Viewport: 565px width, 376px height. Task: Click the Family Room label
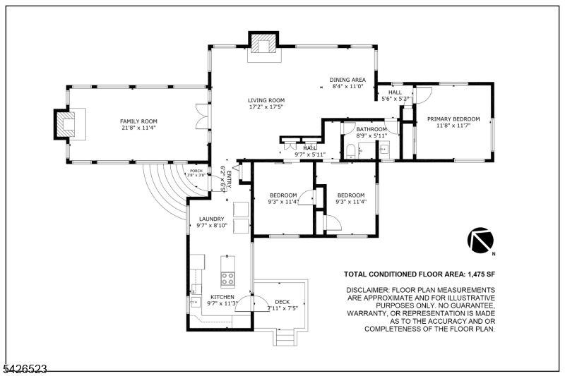[x=138, y=121]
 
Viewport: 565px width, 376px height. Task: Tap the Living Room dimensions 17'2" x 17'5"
[x=266, y=107]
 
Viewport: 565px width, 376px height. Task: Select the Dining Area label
[x=347, y=80]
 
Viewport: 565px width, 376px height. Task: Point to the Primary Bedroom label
[x=453, y=119]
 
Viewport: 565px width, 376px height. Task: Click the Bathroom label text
[x=371, y=130]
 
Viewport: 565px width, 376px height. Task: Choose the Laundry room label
[x=211, y=219]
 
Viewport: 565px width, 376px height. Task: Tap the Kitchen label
[x=222, y=297]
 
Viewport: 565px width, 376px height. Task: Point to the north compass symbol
[x=480, y=241]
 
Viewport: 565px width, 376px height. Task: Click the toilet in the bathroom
[x=351, y=148]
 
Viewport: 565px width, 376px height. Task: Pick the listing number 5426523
[x=24, y=368]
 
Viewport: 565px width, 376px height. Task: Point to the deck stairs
[x=285, y=339]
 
